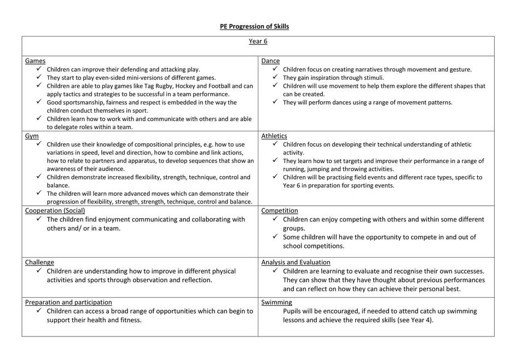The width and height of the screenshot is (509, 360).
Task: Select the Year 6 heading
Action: [258, 41]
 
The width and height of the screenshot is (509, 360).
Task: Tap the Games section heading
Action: [35, 61]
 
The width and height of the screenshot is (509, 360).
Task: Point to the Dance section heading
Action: [270, 61]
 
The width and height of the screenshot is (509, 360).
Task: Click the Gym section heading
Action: [32, 136]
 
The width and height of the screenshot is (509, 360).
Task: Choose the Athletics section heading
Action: [274, 136]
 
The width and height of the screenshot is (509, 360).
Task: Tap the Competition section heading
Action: [279, 211]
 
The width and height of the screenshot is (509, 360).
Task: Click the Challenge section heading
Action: [39, 262]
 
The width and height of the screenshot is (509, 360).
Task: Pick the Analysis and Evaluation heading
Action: [296, 262]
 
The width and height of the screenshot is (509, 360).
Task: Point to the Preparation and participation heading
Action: [68, 302]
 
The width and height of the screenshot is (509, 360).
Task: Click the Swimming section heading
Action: [276, 302]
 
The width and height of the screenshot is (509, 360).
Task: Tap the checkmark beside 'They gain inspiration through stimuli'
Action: [275, 77]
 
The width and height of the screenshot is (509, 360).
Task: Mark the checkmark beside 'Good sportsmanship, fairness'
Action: [39, 102]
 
